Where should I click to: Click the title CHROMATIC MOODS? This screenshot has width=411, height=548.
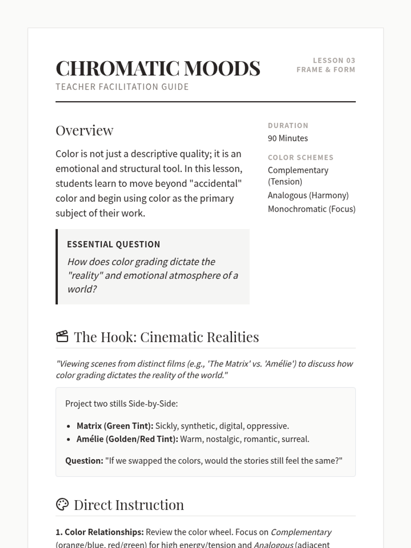(158, 68)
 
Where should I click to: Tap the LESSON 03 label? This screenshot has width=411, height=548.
(334, 61)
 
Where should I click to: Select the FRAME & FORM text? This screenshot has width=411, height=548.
(326, 70)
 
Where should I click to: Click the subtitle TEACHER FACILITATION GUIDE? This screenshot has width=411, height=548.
(122, 87)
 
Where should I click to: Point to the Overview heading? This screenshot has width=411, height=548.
(85, 130)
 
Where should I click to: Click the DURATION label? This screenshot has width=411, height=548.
(288, 126)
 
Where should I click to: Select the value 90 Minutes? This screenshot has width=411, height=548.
(288, 138)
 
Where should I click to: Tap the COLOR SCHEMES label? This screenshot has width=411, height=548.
(300, 158)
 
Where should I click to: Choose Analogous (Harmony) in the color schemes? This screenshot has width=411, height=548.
(308, 195)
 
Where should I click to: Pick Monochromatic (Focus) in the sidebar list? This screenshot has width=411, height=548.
(311, 209)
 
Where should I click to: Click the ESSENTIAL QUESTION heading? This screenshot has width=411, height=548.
(113, 245)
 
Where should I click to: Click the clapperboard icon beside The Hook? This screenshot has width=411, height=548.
(62, 336)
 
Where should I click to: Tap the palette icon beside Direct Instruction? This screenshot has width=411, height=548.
(62, 504)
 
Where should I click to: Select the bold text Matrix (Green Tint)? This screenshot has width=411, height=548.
(115, 426)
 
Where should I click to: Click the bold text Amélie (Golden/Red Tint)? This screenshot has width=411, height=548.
(127, 439)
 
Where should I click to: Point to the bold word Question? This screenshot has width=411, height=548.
(84, 461)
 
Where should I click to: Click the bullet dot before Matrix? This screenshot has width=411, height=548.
(69, 426)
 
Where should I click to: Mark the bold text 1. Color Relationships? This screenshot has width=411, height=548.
(99, 532)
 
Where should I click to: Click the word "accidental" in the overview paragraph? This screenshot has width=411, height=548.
(215, 184)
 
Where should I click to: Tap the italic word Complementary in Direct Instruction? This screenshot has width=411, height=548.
(301, 532)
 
